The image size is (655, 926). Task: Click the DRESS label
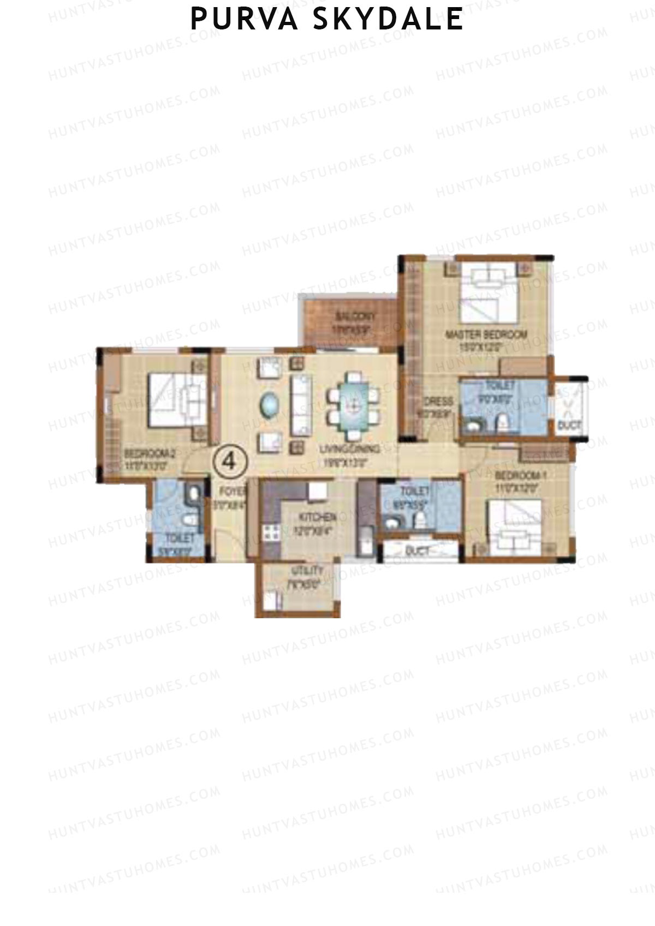[x=439, y=402]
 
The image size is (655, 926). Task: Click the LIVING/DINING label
[x=350, y=450]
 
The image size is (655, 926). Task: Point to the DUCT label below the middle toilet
[x=418, y=552]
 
